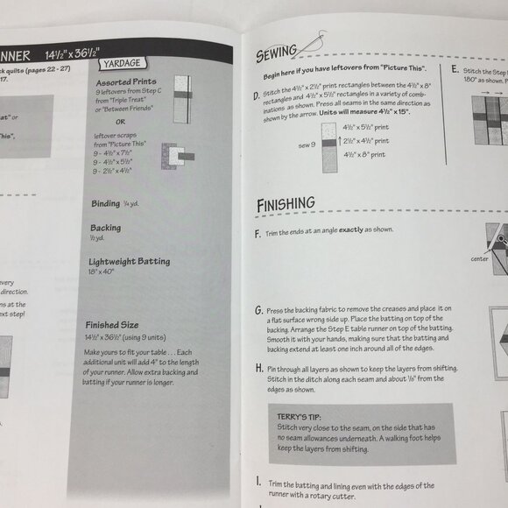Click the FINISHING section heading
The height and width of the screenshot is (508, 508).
click(x=286, y=205)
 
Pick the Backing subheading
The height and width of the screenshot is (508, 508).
click(x=105, y=227)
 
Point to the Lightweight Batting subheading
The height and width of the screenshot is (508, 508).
click(x=129, y=261)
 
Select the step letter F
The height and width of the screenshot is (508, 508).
click(x=256, y=235)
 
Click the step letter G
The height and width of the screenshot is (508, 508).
click(x=258, y=310)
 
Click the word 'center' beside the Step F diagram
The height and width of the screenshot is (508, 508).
click(x=480, y=258)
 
